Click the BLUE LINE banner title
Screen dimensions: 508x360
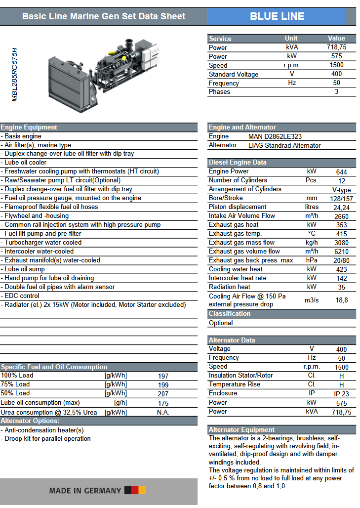tap(277, 16)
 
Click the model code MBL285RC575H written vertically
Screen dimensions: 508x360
tap(15, 75)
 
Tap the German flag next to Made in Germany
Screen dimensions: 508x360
tap(135, 490)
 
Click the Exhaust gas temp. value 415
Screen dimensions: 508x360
tap(341, 234)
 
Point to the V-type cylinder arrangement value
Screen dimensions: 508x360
tap(341, 190)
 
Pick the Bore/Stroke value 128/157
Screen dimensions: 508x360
tap(341, 199)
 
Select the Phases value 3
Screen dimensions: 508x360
tap(336, 92)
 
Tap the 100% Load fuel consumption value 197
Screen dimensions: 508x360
tap(163, 376)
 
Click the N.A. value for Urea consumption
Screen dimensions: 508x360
tap(163, 412)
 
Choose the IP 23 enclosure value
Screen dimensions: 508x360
tap(341, 394)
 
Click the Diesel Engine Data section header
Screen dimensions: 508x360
tap(238, 163)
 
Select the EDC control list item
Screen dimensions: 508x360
tap(22, 296)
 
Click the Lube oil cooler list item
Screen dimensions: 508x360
tap(26, 163)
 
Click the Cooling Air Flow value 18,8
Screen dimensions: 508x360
tap(341, 300)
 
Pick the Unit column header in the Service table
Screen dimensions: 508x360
tap(291, 39)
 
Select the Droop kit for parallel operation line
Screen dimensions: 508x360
tap(47, 439)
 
